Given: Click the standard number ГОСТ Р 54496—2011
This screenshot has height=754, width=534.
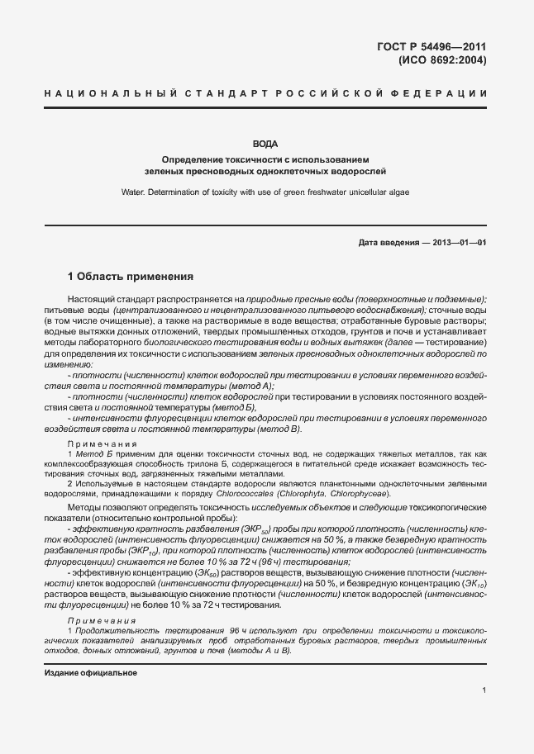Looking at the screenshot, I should click(436, 46).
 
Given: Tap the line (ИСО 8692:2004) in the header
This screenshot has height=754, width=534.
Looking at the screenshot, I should click(443, 60).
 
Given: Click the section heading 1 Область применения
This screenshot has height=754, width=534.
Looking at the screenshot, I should click(130, 277).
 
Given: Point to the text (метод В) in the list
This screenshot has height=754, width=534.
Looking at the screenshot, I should click(279, 429).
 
